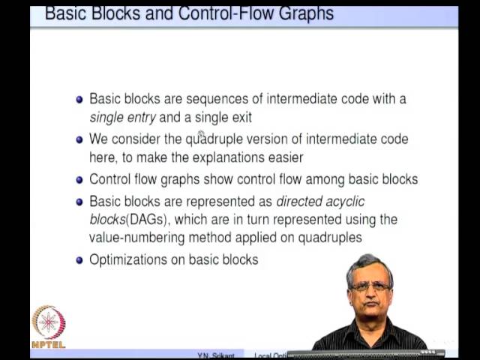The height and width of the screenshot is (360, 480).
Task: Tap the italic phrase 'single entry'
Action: tap(122, 117)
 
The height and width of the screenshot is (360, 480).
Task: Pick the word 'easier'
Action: tap(285, 157)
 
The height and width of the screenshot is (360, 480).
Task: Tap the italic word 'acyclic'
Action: tap(343, 201)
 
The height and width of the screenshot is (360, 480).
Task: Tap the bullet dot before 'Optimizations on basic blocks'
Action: tap(79, 260)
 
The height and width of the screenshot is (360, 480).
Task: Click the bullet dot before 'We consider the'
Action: tap(79, 139)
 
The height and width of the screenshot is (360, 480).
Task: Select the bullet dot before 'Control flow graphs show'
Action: tap(79, 180)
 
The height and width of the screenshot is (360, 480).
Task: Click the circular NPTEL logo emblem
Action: tap(49, 322)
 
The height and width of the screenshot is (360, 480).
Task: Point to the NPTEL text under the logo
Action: tap(49, 344)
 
